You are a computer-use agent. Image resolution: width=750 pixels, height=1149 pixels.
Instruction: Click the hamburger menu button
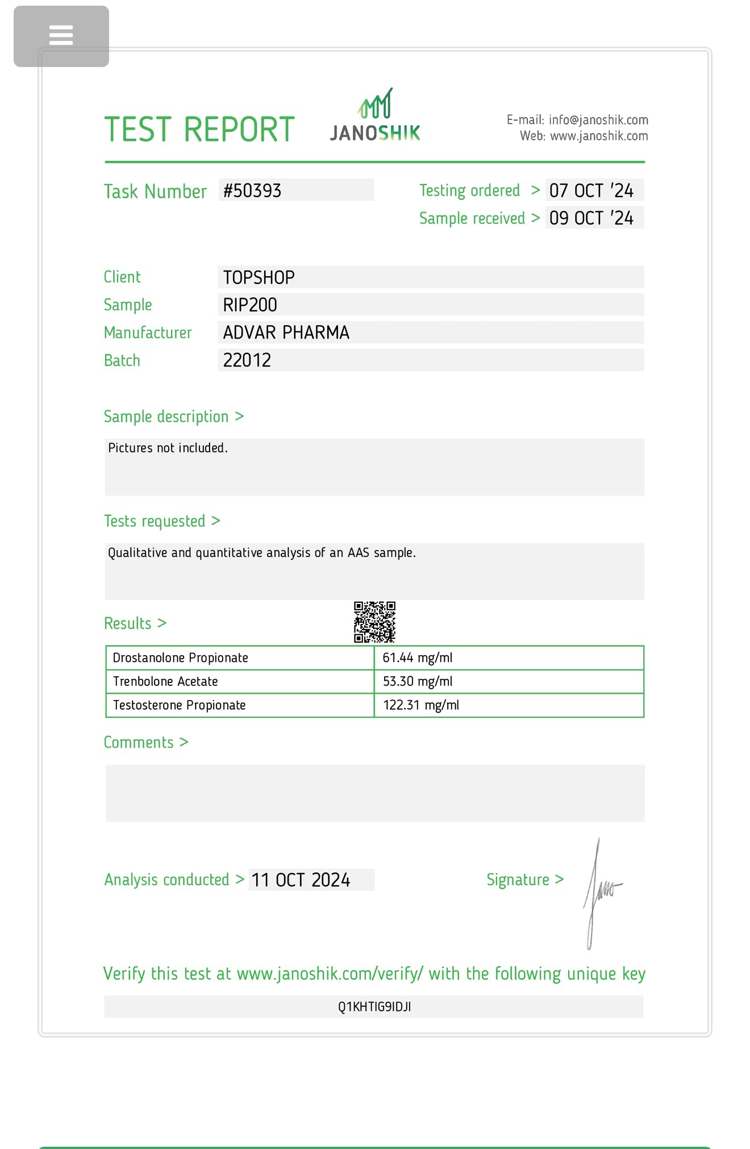pos(61,36)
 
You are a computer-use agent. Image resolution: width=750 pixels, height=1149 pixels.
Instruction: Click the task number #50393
pos(252,190)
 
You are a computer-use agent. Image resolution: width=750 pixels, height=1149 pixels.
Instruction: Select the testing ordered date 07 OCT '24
pos(591,190)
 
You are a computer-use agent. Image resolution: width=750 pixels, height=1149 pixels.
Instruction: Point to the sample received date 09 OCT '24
pos(591,218)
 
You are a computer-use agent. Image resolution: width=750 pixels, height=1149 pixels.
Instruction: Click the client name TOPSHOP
pos(259,277)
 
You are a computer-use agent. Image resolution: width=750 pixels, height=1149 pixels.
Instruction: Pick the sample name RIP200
pos(250,305)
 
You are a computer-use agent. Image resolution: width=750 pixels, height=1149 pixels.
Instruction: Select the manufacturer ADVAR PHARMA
pos(286,332)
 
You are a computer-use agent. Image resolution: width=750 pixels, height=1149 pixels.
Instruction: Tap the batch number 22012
pos(247,360)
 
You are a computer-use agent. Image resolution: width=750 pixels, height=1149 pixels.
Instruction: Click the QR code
pos(374,622)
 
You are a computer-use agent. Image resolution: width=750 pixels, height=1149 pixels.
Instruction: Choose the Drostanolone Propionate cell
pos(181,658)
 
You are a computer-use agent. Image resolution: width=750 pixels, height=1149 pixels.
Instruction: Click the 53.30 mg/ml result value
pos(418,681)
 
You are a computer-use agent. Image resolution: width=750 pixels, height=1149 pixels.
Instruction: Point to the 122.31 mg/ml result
pos(421,705)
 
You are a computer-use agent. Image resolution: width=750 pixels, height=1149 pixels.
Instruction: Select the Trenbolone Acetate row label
pos(165,681)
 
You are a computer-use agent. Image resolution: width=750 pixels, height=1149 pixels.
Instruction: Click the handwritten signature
pos(599,892)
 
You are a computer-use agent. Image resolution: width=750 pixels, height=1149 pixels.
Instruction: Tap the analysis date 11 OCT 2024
pos(301,880)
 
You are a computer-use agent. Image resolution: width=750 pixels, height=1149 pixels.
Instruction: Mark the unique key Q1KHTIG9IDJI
pos(374,1007)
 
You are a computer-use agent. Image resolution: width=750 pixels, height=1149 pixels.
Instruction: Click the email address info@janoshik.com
pos(598,120)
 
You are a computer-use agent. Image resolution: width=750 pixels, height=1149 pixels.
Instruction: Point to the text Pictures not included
pos(168,448)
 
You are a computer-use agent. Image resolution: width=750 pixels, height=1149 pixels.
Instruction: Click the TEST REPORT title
pos(199,130)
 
